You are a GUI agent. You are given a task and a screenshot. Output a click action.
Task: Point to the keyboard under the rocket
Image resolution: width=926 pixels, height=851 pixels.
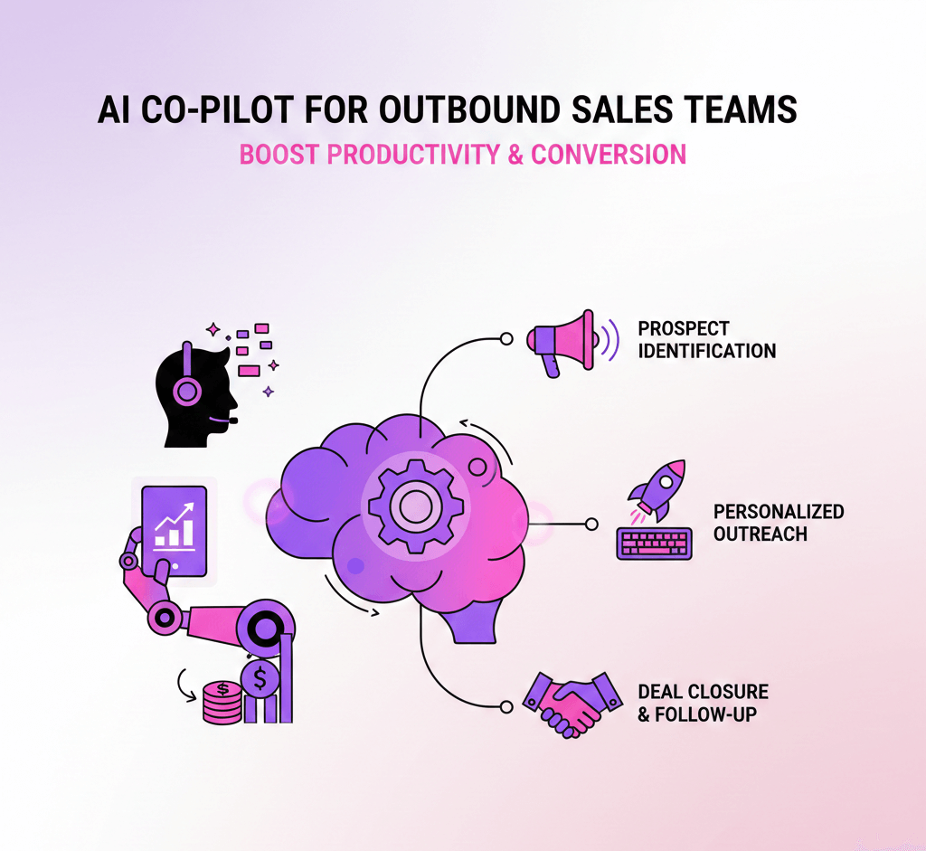(x=654, y=543)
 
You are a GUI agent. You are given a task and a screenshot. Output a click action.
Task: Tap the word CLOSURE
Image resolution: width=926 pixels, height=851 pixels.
(x=729, y=693)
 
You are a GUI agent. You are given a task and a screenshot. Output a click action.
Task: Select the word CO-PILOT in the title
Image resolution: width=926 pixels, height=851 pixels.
(x=222, y=110)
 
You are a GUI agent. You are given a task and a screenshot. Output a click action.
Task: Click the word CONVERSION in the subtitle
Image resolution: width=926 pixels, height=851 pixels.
(x=609, y=154)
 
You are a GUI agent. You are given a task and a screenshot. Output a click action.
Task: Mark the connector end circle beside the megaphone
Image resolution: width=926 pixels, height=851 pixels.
(x=506, y=339)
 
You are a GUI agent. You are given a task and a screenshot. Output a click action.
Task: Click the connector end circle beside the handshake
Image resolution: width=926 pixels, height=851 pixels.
(x=506, y=704)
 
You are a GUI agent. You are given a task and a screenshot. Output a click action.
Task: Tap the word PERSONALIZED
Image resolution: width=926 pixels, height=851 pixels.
(x=779, y=512)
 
